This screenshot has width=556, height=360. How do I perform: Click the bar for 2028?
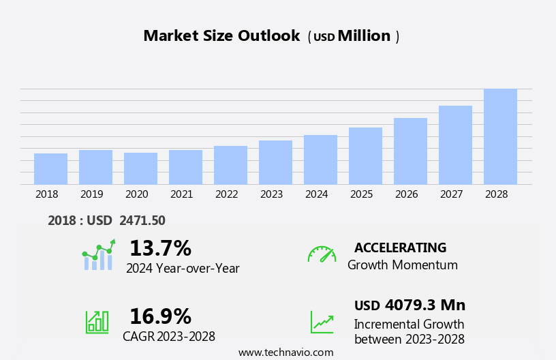(x=500, y=136)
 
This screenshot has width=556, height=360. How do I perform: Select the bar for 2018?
(x=50, y=168)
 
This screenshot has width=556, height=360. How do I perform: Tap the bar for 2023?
(x=275, y=162)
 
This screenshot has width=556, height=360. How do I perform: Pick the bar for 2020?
(x=140, y=168)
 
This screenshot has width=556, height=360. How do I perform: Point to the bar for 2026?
(x=410, y=151)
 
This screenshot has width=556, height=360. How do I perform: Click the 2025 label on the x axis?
(x=361, y=194)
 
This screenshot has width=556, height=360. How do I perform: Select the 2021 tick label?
(x=181, y=194)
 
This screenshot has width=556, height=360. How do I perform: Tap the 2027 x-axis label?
(x=451, y=194)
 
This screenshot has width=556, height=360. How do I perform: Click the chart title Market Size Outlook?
(x=221, y=36)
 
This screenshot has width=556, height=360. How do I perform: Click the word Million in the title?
(x=364, y=36)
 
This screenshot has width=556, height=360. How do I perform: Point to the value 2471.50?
(x=142, y=220)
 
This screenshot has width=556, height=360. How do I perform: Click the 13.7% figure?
(x=160, y=248)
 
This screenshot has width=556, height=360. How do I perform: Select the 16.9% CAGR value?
(x=160, y=316)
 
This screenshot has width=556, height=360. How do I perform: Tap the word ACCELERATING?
(x=400, y=247)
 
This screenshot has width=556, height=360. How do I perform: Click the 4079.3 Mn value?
(x=424, y=305)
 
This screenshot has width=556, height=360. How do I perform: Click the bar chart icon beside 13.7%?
(x=98, y=256)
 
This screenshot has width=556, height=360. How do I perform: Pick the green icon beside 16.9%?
(x=97, y=321)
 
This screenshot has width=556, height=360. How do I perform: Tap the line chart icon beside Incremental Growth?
(x=322, y=322)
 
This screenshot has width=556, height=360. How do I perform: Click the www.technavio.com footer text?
(x=285, y=352)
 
